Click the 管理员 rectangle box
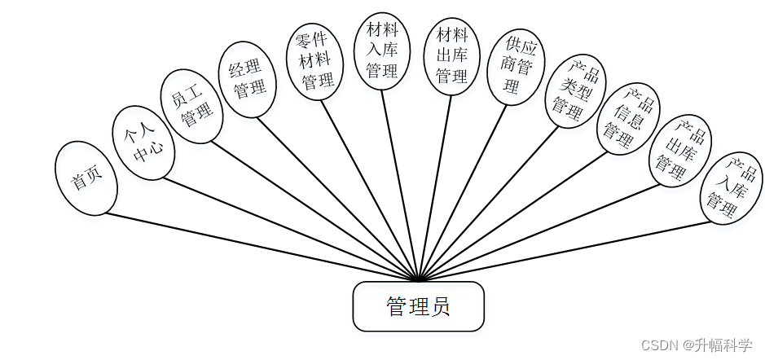coord(418,306)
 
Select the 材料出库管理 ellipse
coord(452,56)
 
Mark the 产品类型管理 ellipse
coord(574,91)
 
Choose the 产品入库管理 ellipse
coord(731,189)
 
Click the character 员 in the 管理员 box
coord(439,307)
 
